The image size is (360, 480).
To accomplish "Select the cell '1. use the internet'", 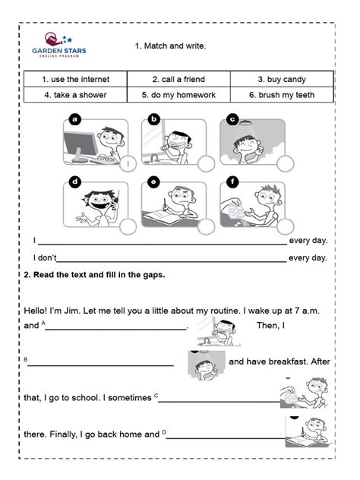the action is pyautogui.click(x=75, y=79).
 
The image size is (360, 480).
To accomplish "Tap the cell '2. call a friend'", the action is pyautogui.click(x=178, y=79).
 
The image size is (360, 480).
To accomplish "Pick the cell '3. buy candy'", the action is pyautogui.click(x=282, y=79).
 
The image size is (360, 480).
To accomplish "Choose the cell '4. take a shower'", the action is pyautogui.click(x=75, y=95).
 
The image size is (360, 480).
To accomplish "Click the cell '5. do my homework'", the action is pyautogui.click(x=178, y=95).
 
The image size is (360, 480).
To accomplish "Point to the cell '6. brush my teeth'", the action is pyautogui.click(x=282, y=95).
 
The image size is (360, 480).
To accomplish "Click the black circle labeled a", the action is pyautogui.click(x=74, y=119).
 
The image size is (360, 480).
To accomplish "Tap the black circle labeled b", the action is pyautogui.click(x=153, y=119).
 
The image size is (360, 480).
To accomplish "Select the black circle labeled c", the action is pyautogui.click(x=233, y=119).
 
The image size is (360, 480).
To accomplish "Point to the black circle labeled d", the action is pyautogui.click(x=74, y=181).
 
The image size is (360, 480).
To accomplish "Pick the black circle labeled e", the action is pyautogui.click(x=153, y=181).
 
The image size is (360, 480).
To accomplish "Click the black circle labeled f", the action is pyautogui.click(x=233, y=181).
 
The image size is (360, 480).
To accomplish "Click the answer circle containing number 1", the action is pyautogui.click(x=129, y=163).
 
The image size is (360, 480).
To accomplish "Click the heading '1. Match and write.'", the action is pyautogui.click(x=171, y=46).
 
